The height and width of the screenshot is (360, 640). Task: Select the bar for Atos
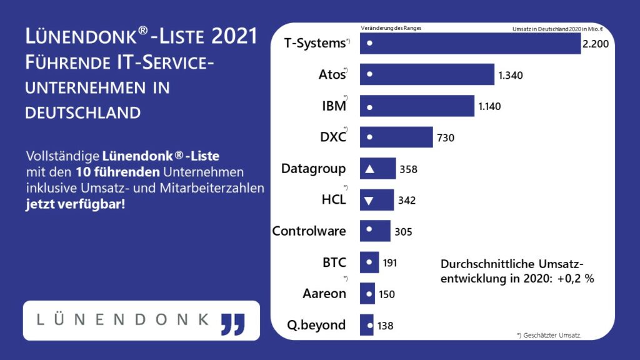click(427, 74)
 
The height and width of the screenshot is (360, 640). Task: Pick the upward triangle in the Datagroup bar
click(369, 169)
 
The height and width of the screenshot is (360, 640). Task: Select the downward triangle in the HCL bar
click(369, 200)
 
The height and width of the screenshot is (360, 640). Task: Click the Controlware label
click(309, 231)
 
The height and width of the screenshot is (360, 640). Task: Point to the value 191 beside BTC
click(390, 262)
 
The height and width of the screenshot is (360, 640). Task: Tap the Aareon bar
click(367, 293)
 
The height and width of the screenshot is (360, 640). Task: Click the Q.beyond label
click(316, 324)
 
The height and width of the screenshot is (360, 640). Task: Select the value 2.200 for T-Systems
click(596, 43)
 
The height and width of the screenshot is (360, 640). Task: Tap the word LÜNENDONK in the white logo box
click(122, 319)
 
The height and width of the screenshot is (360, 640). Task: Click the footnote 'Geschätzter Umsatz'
click(549, 336)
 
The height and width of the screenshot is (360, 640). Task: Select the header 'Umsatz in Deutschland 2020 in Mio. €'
click(544, 29)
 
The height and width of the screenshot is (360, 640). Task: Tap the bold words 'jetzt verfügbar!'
click(75, 204)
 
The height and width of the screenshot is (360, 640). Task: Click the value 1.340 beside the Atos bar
click(510, 75)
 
